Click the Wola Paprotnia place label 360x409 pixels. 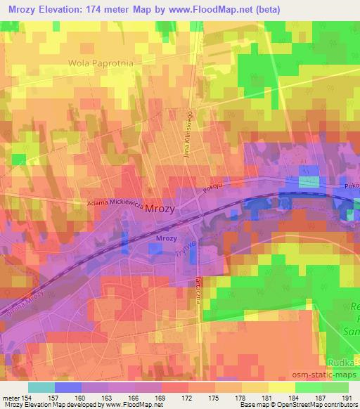click(101, 62)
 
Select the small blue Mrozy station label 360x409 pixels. click(165, 239)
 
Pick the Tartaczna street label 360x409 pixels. click(199, 288)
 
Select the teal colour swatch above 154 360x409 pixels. click(41, 387)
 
